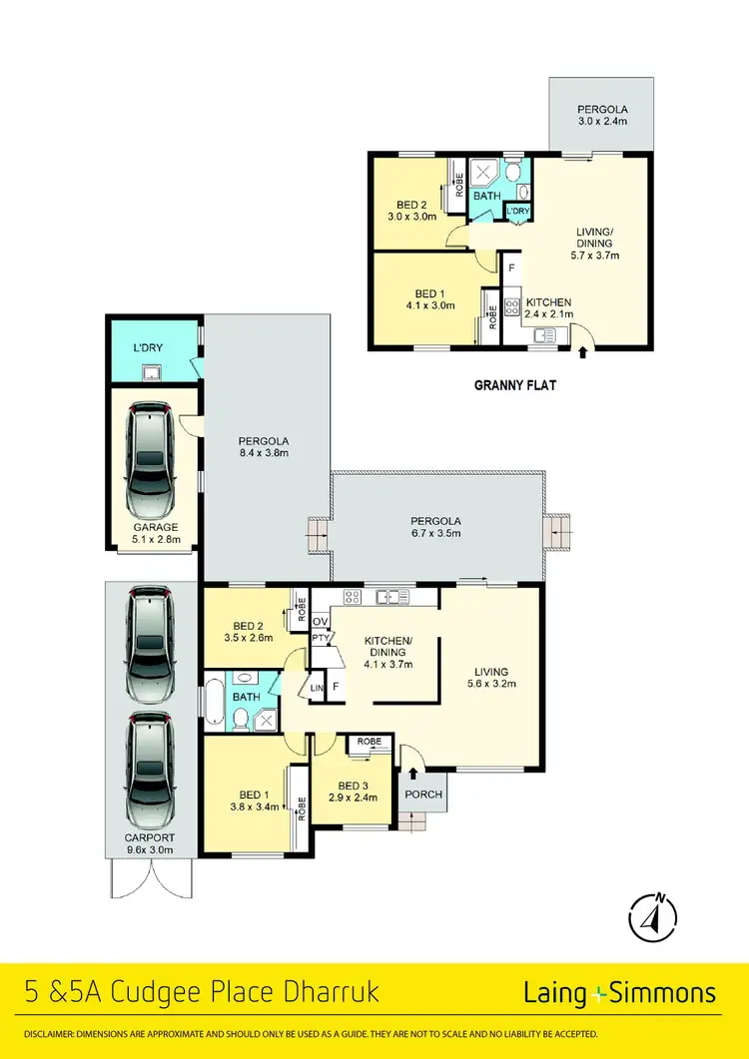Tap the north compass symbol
[x=653, y=914]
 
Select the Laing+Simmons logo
[x=619, y=993]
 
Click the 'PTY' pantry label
[x=321, y=638]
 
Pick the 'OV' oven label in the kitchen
[x=321, y=621]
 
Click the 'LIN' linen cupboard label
[x=318, y=688]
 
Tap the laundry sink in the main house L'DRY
[x=153, y=373]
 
